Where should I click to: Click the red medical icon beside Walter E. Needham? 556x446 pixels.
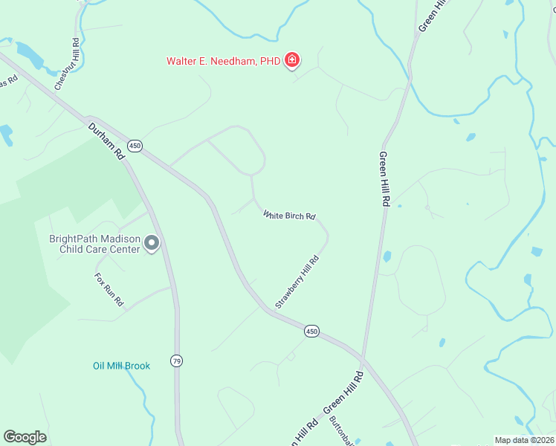tap(292, 59)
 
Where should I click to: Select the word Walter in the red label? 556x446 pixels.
tap(181, 61)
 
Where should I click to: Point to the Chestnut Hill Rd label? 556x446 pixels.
tap(66, 65)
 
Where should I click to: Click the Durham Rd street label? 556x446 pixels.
tap(105, 141)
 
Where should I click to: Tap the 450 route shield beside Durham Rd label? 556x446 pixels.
tap(134, 146)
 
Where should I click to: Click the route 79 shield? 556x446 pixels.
tap(176, 361)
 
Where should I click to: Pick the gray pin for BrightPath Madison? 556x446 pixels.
tap(152, 243)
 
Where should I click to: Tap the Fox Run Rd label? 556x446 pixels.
tap(109, 290)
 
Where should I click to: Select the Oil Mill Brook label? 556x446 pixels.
tap(121, 366)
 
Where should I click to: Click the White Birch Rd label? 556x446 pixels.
tap(290, 216)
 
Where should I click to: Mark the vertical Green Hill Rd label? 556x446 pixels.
tap(384, 178)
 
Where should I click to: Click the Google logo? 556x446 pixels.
tap(25, 437)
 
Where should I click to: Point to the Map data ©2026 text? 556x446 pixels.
tap(523, 440)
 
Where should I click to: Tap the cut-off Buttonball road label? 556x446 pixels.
tap(340, 429)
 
